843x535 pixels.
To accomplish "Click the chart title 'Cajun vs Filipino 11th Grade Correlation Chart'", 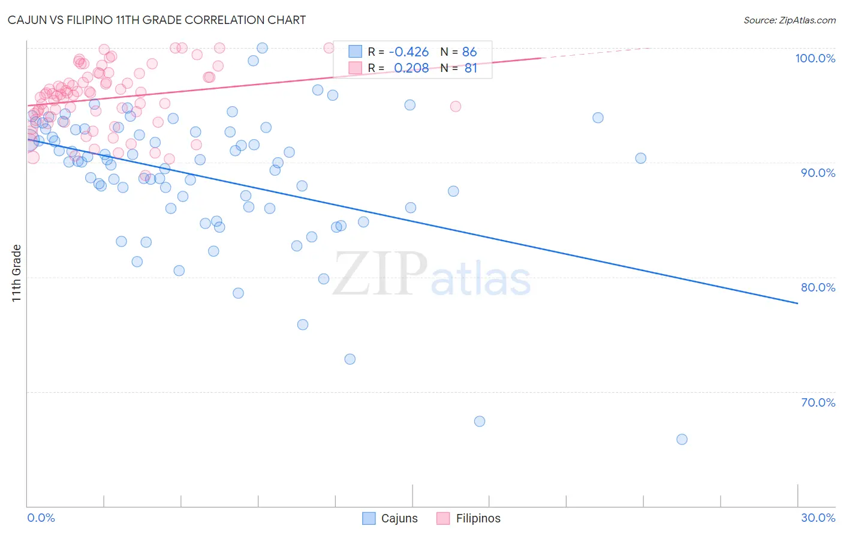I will (156, 20).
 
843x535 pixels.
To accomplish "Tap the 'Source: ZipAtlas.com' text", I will (789, 20).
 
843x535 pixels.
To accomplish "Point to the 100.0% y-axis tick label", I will (815, 58).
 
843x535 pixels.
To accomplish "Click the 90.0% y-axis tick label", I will (818, 173).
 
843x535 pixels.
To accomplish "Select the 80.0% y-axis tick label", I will (818, 287).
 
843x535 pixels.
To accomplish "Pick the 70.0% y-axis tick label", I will (818, 402).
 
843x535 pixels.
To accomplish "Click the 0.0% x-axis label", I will (41, 518).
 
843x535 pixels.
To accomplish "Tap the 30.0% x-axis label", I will (818, 518).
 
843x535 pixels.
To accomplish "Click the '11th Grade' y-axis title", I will (17, 273).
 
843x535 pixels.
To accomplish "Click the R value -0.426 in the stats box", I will (409, 52).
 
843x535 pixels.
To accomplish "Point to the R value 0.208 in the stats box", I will (411, 68).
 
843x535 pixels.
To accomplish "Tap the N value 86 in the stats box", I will (469, 52).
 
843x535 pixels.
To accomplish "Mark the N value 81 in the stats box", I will (471, 68).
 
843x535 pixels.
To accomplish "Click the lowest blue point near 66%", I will (682, 439).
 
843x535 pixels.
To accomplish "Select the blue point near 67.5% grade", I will (480, 421).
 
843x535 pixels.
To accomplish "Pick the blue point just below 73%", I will (350, 359).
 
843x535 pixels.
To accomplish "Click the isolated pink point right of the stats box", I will (456, 106).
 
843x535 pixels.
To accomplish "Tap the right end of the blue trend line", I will (797, 303).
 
